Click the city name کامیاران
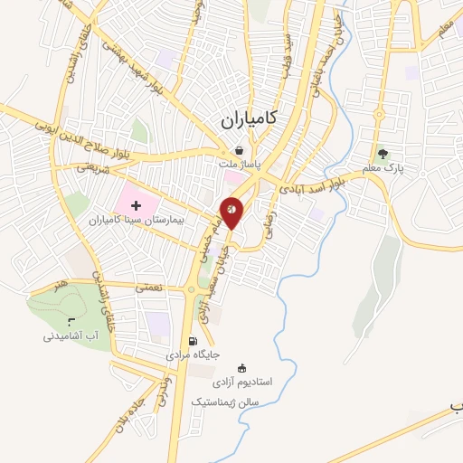(x=250, y=118)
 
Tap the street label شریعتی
(x=94, y=165)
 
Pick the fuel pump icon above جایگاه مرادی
(x=192, y=341)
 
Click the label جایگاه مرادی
(x=192, y=356)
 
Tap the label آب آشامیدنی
(x=70, y=335)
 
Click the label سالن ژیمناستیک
(x=225, y=400)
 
